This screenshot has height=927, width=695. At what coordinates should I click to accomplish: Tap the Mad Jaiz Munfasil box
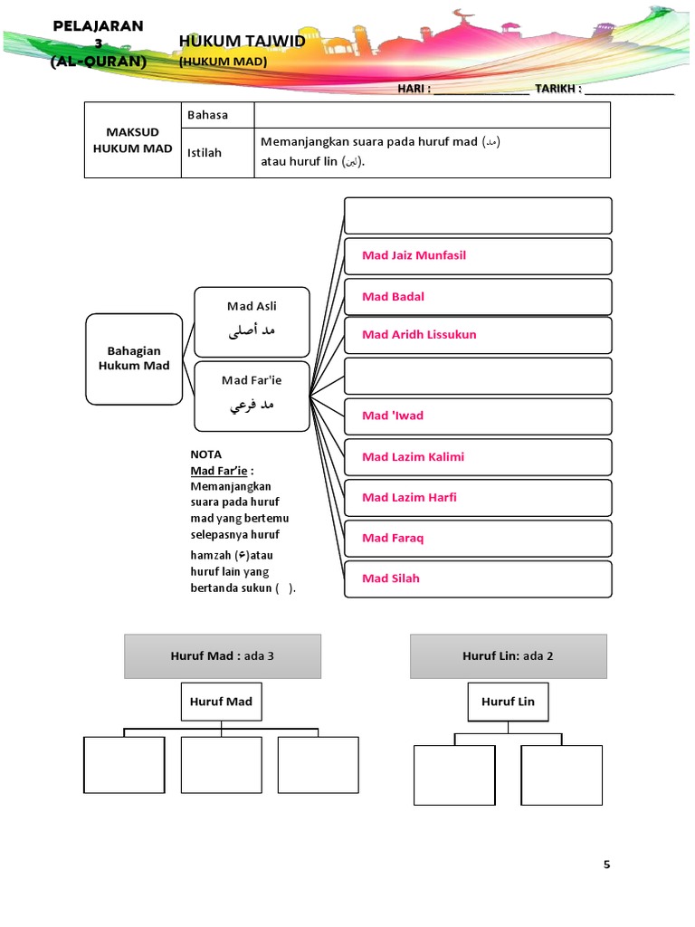[x=478, y=255]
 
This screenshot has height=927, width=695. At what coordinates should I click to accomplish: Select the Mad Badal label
[x=394, y=297]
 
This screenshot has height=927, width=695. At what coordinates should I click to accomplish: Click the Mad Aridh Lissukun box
[x=478, y=335]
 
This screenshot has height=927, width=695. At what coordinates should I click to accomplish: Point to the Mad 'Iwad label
[x=393, y=416]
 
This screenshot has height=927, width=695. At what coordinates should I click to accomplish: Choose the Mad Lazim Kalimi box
[x=478, y=457]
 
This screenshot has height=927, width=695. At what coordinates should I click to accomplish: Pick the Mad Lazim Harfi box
[x=478, y=498]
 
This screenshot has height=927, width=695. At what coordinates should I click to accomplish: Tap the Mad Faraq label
[x=393, y=538]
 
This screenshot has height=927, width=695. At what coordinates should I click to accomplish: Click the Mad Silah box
[x=478, y=578]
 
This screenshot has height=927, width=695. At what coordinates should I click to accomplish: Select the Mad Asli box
[x=252, y=320]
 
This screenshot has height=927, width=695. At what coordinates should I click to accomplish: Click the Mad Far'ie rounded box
[x=252, y=395]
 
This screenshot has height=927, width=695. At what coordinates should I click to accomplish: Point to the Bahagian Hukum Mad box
[x=134, y=358]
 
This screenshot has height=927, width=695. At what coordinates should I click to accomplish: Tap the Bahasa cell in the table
[x=217, y=115]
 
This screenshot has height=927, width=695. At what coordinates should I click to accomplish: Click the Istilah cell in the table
[x=217, y=152]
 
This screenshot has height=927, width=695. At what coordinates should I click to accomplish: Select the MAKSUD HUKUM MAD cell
[x=133, y=140]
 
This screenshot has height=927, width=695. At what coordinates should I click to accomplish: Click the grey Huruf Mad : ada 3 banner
[x=223, y=656]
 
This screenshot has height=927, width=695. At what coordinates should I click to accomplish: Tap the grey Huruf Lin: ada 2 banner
[x=509, y=656]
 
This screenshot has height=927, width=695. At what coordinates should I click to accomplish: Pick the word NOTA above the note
[x=206, y=454]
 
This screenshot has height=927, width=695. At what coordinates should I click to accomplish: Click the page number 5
[x=607, y=865]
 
